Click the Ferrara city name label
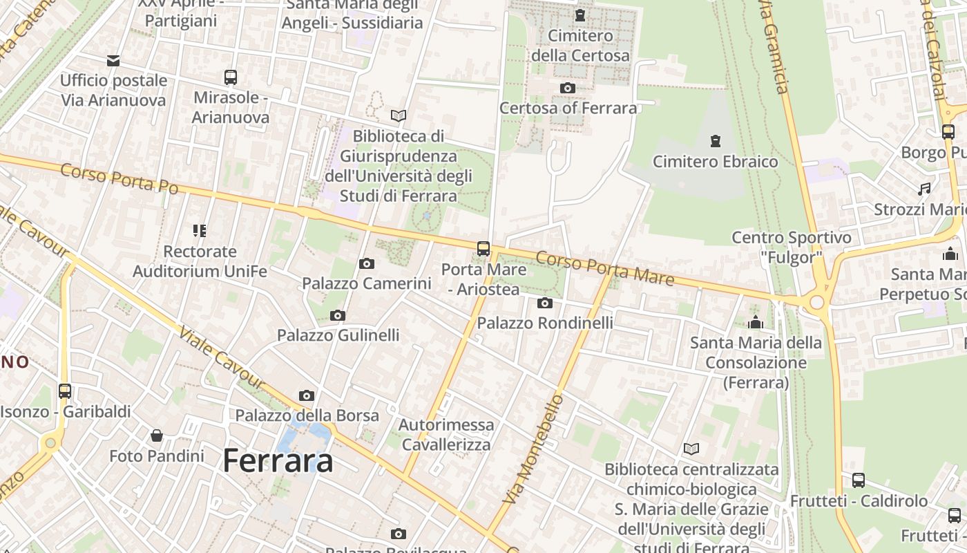click(278, 461)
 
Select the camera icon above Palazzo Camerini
click(367, 263)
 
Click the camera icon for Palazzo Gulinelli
click(338, 316)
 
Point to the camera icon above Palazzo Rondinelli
click(545, 303)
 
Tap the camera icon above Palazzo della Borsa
click(307, 395)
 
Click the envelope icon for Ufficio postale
click(113, 61)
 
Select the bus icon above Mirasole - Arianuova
click(231, 77)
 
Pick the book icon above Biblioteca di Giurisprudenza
click(398, 115)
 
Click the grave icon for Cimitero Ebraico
click(716, 142)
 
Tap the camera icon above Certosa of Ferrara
click(568, 88)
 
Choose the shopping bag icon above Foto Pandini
click(157, 435)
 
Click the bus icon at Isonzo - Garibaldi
click(65, 391)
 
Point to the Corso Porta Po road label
click(119, 179)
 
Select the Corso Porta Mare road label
click(604, 268)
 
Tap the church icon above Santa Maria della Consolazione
click(756, 322)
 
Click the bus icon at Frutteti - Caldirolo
click(859, 480)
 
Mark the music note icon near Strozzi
click(924, 189)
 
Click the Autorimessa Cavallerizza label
click(446, 434)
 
